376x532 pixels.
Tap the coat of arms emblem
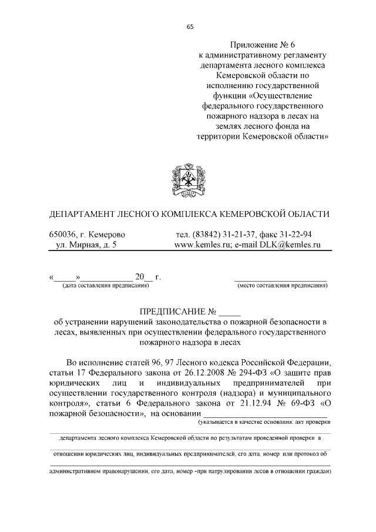(187, 181)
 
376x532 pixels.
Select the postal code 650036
(66, 233)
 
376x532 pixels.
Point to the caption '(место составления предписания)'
(282, 286)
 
